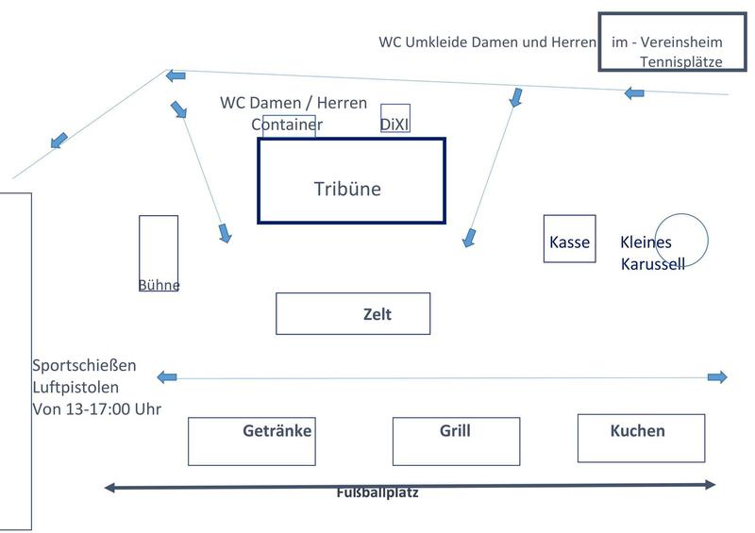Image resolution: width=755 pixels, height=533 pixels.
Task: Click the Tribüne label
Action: [x=347, y=189]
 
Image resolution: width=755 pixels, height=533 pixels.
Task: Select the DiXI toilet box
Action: [x=395, y=119]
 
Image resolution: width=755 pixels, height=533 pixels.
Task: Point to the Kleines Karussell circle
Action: [x=681, y=239]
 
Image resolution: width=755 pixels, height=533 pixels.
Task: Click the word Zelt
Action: [x=377, y=314]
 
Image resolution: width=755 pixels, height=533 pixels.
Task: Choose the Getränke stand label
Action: [x=277, y=431]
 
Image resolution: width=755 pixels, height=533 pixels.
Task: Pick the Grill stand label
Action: [x=455, y=431]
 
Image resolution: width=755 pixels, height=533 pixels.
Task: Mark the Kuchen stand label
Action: [x=637, y=431]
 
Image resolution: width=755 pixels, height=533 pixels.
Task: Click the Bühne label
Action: [x=159, y=285]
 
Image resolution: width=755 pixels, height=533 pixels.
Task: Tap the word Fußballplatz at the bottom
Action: [x=377, y=492]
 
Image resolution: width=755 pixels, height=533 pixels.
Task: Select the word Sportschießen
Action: [x=84, y=365]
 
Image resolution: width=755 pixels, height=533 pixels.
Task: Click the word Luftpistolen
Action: [x=76, y=387]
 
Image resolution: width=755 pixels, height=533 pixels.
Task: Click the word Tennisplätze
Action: [x=680, y=62]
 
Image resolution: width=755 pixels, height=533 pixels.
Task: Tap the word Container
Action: [x=287, y=125]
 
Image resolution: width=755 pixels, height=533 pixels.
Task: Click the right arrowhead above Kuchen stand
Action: [x=717, y=377]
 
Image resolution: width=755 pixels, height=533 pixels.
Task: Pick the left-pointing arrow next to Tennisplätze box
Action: [x=634, y=92]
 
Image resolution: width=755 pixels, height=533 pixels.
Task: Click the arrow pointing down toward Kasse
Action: [x=469, y=238]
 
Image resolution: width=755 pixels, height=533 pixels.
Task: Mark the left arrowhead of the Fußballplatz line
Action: [x=110, y=488]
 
